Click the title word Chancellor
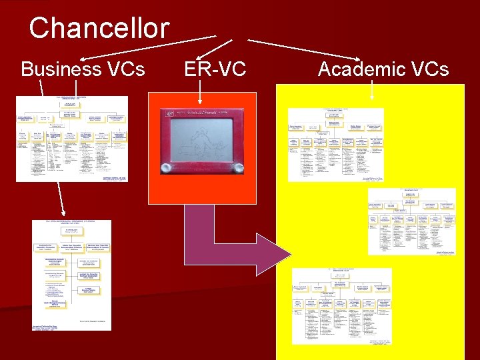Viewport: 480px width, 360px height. (99, 28)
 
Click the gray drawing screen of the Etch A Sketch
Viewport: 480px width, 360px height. (201, 138)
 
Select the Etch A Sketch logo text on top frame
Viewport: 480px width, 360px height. (201, 113)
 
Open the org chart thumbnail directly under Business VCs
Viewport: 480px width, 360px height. (71, 138)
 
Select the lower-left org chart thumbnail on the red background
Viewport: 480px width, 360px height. (72, 275)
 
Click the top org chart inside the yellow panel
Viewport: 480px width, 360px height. (335, 144)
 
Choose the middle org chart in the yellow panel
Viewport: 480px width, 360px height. (411, 221)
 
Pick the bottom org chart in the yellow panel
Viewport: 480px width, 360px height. (341, 306)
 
